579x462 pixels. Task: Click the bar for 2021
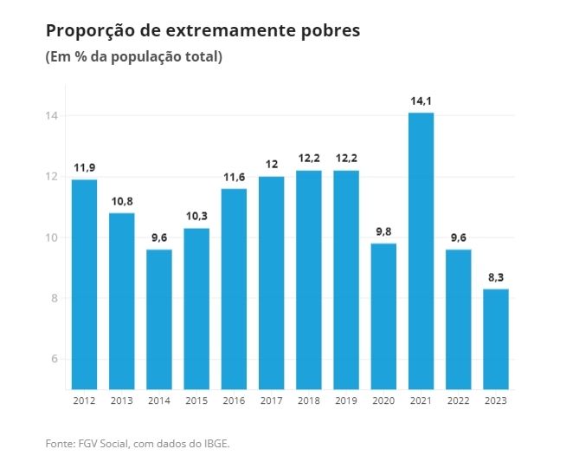click(x=421, y=251)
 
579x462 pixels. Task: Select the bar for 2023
click(x=496, y=339)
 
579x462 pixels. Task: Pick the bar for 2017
click(x=271, y=283)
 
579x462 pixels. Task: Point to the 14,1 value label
click(x=421, y=101)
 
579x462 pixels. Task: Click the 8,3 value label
click(x=496, y=277)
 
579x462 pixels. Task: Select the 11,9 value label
click(x=84, y=168)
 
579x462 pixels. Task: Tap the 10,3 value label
click(x=196, y=217)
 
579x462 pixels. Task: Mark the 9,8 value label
click(x=383, y=232)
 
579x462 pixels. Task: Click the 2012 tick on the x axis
click(x=84, y=400)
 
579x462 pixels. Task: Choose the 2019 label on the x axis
click(x=346, y=400)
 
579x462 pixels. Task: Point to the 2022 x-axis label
click(x=459, y=400)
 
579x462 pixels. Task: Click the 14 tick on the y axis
click(x=52, y=116)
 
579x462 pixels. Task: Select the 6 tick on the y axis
click(x=55, y=359)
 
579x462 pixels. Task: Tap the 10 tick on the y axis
click(x=52, y=238)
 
